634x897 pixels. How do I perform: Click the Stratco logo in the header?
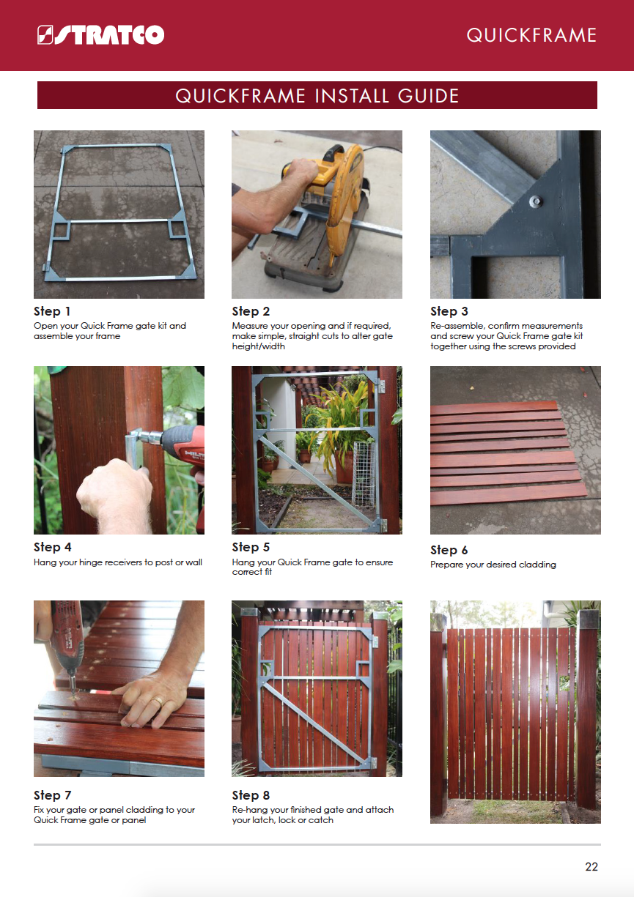pos(100,35)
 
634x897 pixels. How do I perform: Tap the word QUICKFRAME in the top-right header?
pos(531,35)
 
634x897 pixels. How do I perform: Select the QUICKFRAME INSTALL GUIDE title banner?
pos(317,95)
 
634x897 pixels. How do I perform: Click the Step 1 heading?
pos(52,311)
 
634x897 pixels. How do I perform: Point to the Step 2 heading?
pos(251,311)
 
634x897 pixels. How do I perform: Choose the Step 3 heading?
pos(449,311)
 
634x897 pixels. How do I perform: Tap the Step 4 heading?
pos(52,547)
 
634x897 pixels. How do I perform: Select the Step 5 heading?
pos(251,547)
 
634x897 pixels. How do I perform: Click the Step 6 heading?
pos(449,550)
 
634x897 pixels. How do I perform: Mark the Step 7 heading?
pos(52,795)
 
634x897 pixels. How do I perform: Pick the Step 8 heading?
pos(251,795)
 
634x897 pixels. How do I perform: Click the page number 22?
pos(591,867)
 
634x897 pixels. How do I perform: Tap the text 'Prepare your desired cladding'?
pos(493,565)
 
